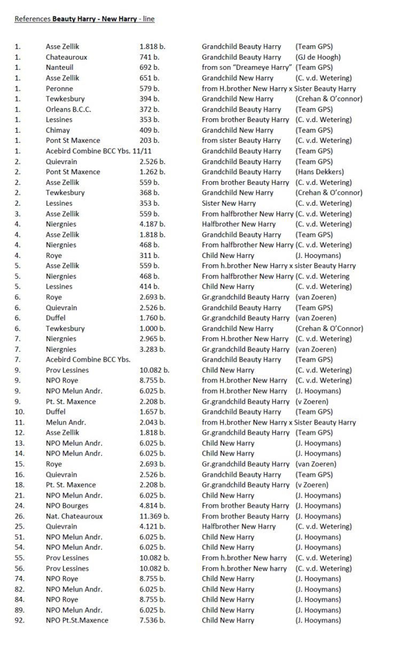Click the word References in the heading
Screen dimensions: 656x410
pos(32,19)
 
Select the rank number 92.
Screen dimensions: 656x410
pos(20,620)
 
